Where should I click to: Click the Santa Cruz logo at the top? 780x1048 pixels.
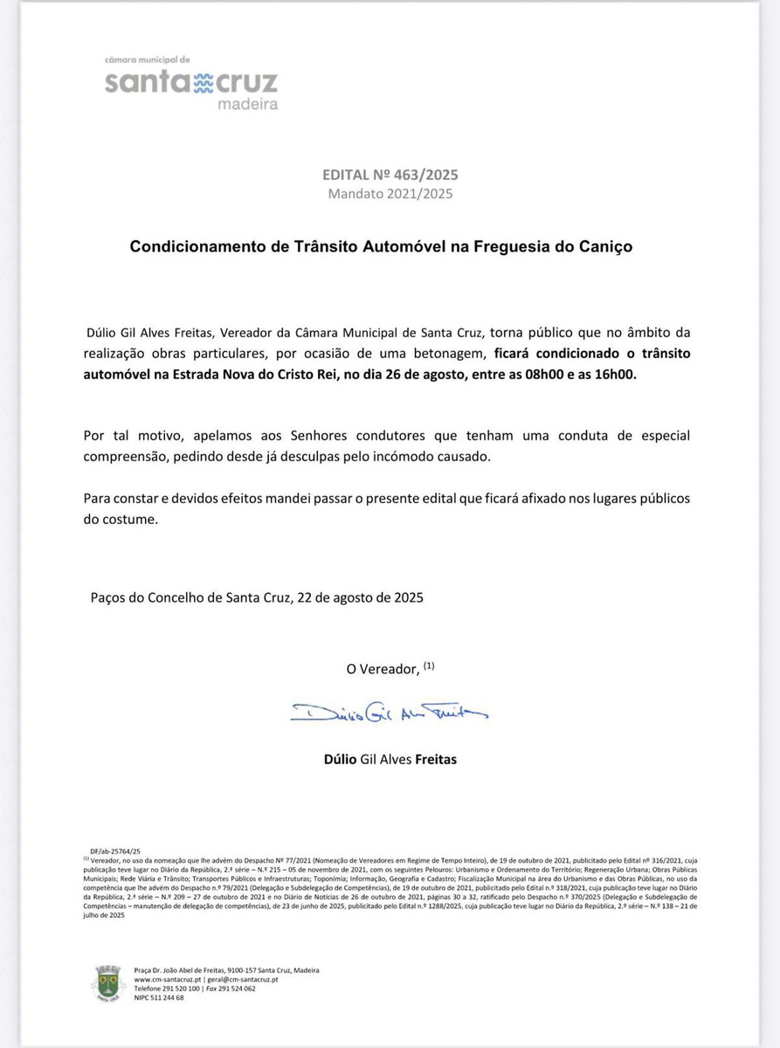pos(191,83)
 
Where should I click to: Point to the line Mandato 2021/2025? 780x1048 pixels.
pos(390,194)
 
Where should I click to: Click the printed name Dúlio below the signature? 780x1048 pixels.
pos(340,759)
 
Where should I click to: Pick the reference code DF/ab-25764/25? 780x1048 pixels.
pos(114,850)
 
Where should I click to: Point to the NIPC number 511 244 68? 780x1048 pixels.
pos(158,997)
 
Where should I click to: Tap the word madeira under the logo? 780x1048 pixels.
pos(247,105)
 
